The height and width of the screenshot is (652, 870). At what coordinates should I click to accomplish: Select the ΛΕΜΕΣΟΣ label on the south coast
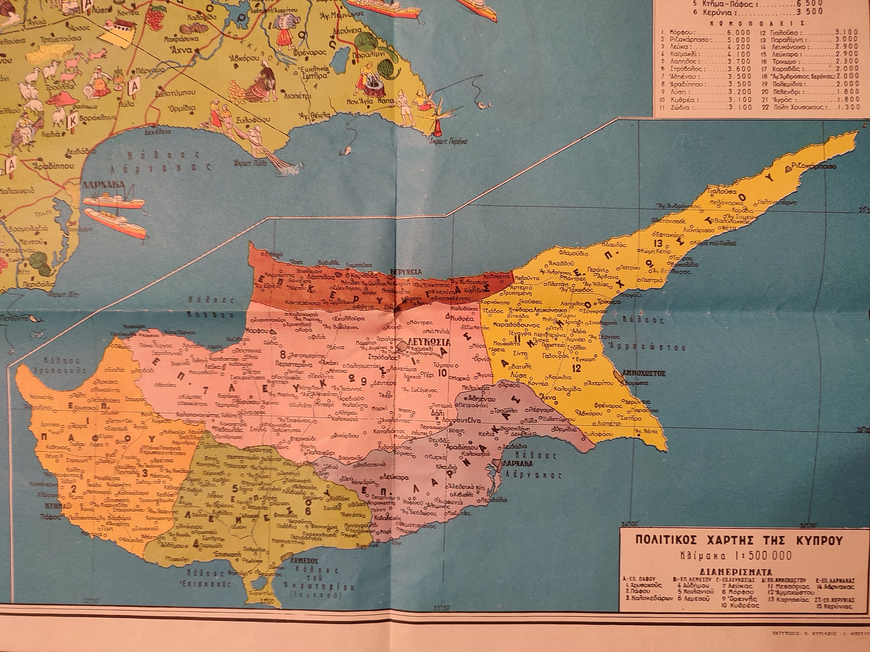click(x=304, y=561)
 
